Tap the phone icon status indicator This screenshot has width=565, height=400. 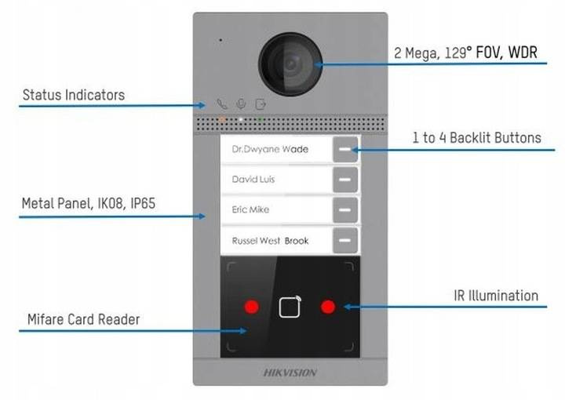click(223, 104)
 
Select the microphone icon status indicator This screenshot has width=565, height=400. click(242, 104)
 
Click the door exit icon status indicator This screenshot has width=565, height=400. click(261, 104)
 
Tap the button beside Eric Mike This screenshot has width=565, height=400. click(344, 209)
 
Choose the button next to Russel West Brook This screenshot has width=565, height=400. click(344, 240)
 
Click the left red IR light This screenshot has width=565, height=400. click(251, 306)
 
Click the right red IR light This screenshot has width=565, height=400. click(328, 306)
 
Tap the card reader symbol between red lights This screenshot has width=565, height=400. click(290, 306)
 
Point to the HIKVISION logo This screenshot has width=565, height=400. click(290, 372)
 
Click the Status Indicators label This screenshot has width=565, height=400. click(73, 95)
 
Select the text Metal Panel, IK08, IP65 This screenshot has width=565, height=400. click(88, 203)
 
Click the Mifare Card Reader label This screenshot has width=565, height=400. click(84, 319)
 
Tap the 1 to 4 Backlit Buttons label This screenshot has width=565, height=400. click(476, 138)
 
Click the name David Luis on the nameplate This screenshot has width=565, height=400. click(253, 180)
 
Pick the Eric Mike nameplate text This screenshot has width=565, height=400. click(250, 210)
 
